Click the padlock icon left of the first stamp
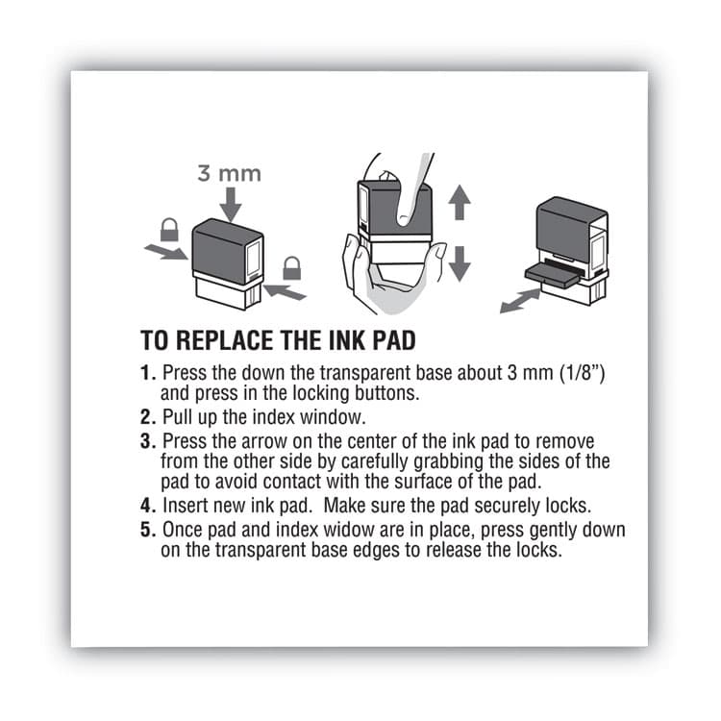[169, 230]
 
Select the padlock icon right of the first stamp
[291, 268]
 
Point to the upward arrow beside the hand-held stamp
[460, 204]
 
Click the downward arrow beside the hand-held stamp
[460, 261]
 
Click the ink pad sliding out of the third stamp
[549, 273]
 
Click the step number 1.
[147, 372]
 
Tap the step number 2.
[147, 416]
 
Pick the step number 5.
[147, 530]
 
